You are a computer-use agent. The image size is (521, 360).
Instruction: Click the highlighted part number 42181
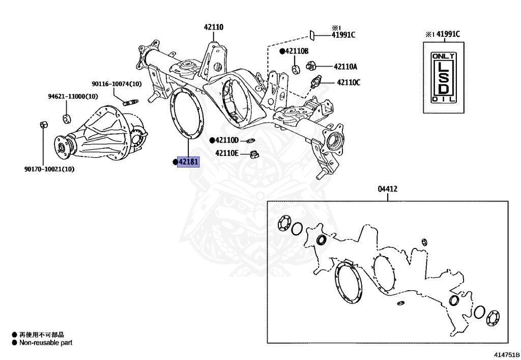pyautogui.click(x=188, y=162)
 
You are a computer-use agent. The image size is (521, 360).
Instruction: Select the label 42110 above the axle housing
pyautogui.click(x=214, y=27)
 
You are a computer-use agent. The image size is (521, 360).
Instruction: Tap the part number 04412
pyautogui.click(x=387, y=189)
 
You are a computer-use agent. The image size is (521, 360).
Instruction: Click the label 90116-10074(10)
pyautogui.click(x=117, y=84)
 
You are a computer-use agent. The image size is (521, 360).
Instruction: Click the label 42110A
pyautogui.click(x=345, y=66)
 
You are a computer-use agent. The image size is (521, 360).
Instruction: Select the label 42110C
pyautogui.click(x=347, y=82)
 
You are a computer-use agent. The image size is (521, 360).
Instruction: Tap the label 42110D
pyautogui.click(x=226, y=140)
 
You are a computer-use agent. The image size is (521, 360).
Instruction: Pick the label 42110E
pyautogui.click(x=226, y=152)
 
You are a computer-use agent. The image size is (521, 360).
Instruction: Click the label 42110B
pyautogui.click(x=297, y=51)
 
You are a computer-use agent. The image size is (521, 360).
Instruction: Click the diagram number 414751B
pyautogui.click(x=505, y=354)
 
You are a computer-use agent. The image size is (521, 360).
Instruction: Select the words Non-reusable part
pyautogui.click(x=46, y=343)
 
